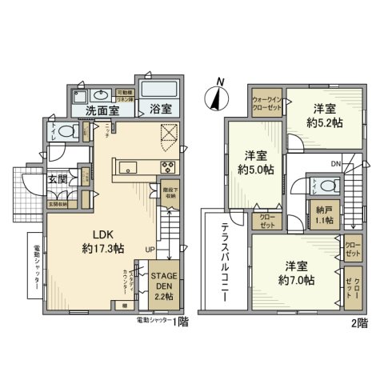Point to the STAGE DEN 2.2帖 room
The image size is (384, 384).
(x=165, y=284)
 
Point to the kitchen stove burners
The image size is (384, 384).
(x=169, y=168)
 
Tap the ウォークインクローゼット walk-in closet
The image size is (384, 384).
(x=262, y=103)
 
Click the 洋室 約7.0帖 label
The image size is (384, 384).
(x=296, y=272)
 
